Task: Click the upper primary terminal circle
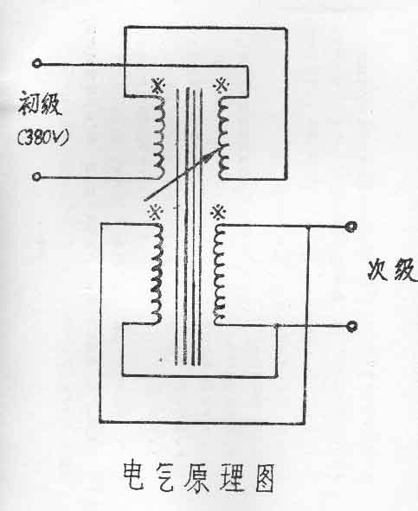[37, 63]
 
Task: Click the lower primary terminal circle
[37, 176]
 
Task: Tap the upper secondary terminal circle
[351, 227]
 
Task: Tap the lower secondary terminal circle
[351, 326]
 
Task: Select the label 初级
[40, 104]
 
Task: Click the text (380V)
[43, 137]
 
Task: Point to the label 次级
[392, 270]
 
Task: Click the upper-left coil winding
[159, 137]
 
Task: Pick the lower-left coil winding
[156, 274]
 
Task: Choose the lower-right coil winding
[219, 274]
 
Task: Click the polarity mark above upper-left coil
[159, 86]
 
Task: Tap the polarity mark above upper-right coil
[221, 86]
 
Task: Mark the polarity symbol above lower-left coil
[155, 213]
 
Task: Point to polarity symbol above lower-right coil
[218, 214]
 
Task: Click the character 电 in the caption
[134, 476]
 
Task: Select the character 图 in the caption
[265, 478]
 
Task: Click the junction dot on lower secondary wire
[276, 326]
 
